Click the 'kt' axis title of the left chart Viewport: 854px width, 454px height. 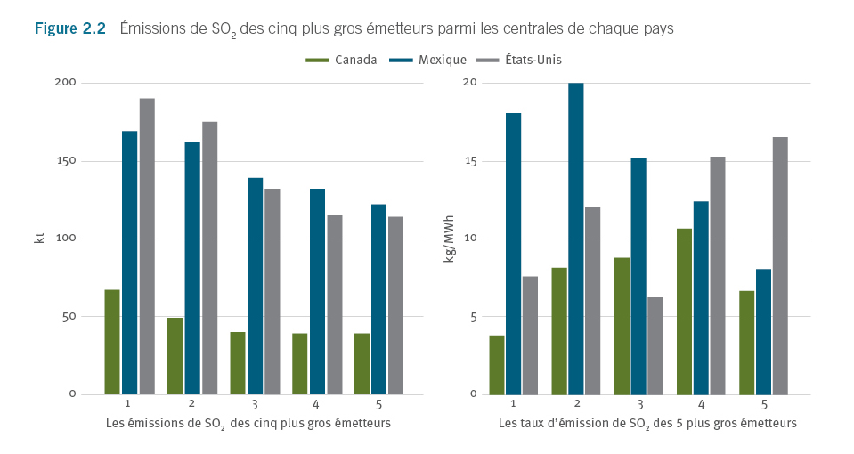tap(38, 238)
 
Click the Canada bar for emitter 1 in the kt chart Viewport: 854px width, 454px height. tap(112, 342)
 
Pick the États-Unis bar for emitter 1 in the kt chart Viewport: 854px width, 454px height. tap(147, 246)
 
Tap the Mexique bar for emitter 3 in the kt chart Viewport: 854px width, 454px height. tap(255, 286)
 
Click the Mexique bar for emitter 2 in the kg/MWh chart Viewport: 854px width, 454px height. tap(575, 239)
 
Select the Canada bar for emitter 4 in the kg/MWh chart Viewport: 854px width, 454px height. tap(684, 312)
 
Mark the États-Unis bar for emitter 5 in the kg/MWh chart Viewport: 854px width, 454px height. tap(780, 265)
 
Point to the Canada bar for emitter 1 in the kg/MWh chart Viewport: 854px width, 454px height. tap(496, 365)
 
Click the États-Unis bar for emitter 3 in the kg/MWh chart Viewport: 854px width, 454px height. tap(655, 345)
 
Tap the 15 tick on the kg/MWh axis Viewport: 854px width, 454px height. tap(473, 161)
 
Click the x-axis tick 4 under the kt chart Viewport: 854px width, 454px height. tap(317, 404)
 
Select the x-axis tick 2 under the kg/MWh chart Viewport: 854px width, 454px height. tap(576, 404)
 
